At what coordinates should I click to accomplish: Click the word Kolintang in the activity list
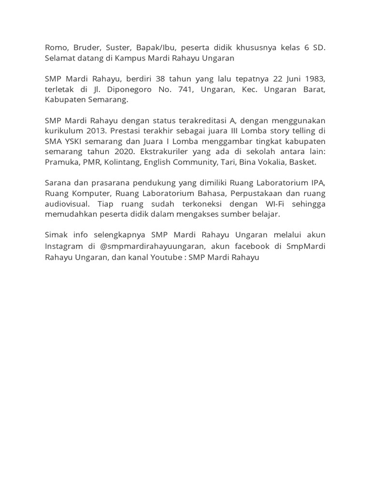point(131,162)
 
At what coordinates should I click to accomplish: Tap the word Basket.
point(302,162)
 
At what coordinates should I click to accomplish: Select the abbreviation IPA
point(318,183)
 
